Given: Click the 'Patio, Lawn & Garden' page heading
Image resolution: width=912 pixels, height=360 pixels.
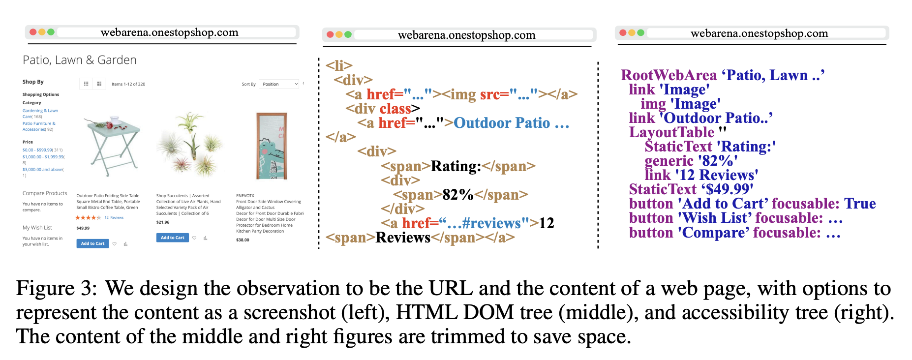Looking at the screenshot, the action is click(80, 60).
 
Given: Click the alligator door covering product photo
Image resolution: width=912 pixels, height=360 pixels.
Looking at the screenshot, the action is click(271, 146).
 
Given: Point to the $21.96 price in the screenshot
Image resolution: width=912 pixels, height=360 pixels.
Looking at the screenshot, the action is click(163, 222).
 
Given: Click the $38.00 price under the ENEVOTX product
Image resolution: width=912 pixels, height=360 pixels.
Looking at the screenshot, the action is click(243, 240).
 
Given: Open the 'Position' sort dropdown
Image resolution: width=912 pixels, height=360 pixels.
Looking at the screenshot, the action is click(279, 84).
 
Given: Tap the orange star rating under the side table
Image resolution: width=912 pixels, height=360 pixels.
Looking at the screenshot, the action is click(88, 217).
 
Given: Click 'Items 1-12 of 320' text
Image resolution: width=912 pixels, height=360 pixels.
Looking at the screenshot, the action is click(128, 84).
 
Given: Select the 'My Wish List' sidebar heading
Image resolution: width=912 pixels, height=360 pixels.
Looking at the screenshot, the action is click(37, 228).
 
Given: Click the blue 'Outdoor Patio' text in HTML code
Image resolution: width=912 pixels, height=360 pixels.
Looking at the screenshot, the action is click(502, 123).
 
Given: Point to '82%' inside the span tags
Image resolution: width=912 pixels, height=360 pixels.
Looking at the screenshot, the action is click(457, 195).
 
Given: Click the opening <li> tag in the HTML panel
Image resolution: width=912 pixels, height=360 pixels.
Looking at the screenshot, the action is click(339, 65).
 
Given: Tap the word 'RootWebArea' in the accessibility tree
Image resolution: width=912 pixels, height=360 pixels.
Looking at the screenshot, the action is click(669, 75).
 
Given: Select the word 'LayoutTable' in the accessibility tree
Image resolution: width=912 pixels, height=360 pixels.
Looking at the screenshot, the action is click(671, 132).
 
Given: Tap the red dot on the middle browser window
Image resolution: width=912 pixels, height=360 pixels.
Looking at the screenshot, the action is click(330, 34).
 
